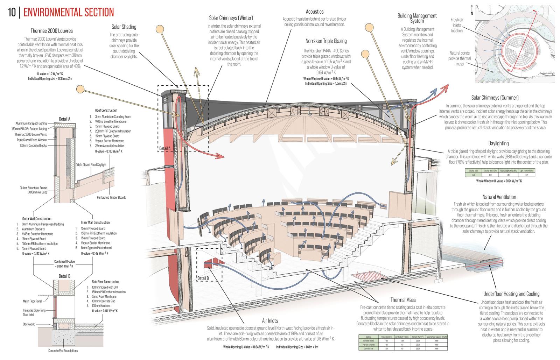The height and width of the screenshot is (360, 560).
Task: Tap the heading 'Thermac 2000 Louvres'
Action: tap(52, 31)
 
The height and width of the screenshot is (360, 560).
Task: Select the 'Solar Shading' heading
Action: tap(124, 27)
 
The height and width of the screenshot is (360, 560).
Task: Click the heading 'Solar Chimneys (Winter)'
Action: tap(231, 18)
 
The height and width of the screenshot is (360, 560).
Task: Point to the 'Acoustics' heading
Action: tap(314, 12)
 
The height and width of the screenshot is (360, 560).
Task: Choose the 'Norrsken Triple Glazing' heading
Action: tap(326, 41)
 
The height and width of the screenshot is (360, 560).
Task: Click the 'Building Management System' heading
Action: tap(417, 18)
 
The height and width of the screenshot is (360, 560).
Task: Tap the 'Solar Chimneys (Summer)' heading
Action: tap(495, 98)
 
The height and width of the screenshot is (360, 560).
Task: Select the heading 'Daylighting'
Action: tap(498, 143)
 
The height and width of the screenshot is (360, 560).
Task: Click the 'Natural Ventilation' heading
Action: tap(499, 197)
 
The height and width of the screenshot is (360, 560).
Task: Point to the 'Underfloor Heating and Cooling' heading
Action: tap(511, 294)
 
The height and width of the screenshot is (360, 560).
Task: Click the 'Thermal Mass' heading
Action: tap(403, 300)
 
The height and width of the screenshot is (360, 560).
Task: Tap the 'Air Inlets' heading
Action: tap(270, 320)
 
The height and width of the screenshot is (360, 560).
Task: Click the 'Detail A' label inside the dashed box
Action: tap(165, 148)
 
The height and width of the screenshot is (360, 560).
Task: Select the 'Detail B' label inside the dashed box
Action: tap(203, 278)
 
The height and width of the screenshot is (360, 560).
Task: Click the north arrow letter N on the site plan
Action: tap(472, 13)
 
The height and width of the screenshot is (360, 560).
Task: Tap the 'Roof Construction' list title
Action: tap(106, 111)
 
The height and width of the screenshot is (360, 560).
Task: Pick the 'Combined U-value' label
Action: tap(64, 261)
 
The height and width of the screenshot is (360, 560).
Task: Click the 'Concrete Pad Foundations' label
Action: tap(63, 351)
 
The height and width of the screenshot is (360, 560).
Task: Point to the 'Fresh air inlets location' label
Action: tap(457, 25)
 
